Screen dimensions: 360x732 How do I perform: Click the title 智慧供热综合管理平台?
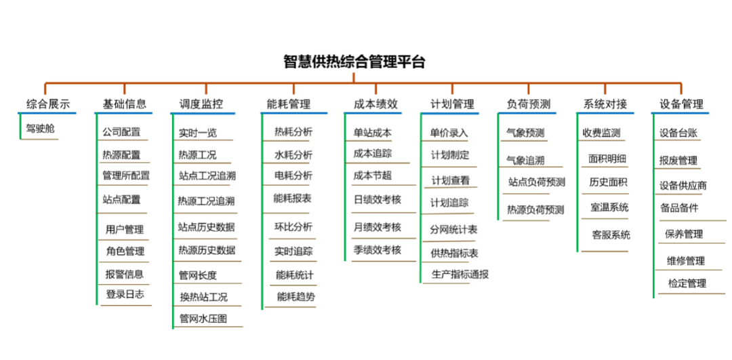point(354,62)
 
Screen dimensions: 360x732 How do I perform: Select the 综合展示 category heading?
point(47,104)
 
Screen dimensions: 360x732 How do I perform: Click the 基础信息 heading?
point(124,104)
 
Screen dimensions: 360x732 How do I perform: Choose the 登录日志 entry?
point(125,294)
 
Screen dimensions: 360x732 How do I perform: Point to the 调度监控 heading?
point(201,104)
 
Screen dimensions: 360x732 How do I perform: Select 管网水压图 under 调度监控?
point(203,318)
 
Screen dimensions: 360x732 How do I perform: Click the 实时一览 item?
point(198,133)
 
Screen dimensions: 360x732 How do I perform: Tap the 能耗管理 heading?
point(289,104)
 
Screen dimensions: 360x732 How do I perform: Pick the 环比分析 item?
point(293,226)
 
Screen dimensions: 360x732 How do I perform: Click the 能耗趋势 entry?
point(296,296)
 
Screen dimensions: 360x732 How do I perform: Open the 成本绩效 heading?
point(375,104)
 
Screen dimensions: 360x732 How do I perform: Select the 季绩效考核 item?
point(378,249)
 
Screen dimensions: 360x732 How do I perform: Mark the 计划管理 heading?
point(452,104)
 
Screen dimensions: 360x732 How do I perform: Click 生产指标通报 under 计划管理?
point(460,275)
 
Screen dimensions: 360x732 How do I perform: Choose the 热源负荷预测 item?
point(535,209)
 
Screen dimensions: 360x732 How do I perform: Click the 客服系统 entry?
point(611,235)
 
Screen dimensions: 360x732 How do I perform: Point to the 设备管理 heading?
point(681,104)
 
